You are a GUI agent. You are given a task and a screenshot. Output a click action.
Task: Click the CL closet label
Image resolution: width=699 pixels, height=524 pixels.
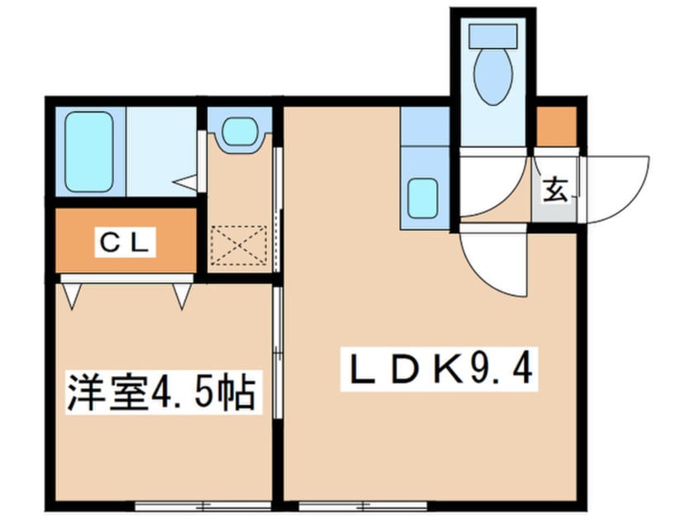pos(125,243)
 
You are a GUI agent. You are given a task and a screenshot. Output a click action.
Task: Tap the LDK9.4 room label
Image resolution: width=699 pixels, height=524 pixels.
pos(440,369)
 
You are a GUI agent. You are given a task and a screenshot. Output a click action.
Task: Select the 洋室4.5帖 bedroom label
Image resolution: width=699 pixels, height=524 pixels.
pos(162,392)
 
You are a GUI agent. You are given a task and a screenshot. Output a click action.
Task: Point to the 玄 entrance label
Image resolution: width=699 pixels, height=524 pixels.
pos(556,189)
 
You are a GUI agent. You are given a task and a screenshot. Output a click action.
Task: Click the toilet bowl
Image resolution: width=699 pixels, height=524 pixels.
pos(492,77)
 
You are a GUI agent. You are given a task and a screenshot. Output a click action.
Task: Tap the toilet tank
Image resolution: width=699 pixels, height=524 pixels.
pos(492,36)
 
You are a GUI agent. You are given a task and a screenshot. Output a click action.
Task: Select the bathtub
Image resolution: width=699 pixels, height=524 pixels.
pos(88,151)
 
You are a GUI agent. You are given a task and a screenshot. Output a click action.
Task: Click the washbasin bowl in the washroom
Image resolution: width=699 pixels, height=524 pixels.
pos(240,131)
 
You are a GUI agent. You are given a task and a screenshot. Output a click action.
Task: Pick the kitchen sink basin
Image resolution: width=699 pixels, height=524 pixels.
pos(422,198)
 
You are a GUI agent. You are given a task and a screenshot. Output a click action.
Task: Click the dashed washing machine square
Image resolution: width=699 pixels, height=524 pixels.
pos(239,245)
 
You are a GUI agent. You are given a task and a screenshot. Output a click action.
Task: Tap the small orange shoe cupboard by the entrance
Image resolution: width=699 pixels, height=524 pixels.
pos(556,126)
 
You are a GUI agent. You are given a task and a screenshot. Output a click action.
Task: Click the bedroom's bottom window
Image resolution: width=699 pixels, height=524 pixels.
pos(202,506)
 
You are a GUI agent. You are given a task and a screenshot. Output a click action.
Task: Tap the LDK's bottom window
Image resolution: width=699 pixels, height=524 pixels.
pos(363,506)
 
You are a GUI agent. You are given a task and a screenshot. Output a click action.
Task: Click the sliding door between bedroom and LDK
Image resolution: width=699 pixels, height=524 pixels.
pos(278,352)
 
